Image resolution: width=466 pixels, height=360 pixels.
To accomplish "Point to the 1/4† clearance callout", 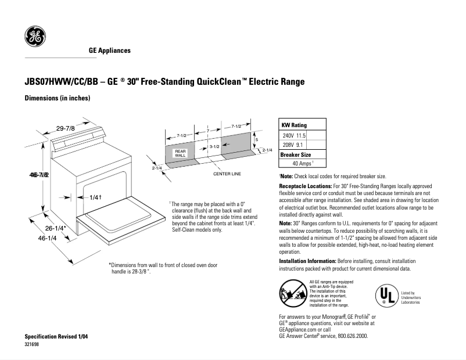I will click(96, 197).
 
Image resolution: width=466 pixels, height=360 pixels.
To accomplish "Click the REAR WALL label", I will click(180, 153).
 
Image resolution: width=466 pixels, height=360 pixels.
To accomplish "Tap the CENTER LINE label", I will click(227, 174).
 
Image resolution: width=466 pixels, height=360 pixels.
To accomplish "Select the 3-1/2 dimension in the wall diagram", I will click(214, 147).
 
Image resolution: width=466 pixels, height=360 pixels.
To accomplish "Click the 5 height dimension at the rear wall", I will click(256, 140).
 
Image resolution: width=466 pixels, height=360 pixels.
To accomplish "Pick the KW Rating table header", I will click(294, 125).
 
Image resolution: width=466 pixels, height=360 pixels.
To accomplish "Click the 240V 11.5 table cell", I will click(294, 135).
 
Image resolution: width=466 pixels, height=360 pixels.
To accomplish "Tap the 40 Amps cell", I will click(303, 164).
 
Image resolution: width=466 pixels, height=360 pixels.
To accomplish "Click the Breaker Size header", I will click(296, 154).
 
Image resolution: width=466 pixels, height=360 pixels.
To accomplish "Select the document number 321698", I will click(33, 344).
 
